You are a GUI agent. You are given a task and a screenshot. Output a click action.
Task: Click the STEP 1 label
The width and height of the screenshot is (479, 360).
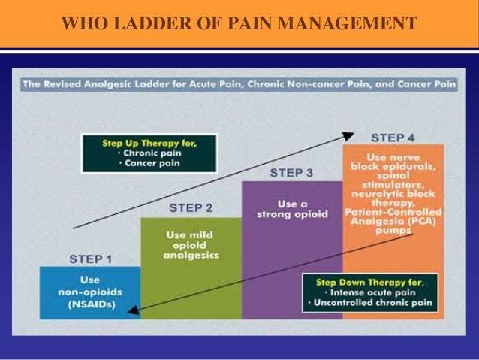[x=90, y=259]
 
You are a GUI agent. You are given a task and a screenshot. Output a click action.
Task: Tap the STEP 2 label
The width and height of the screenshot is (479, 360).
[x=191, y=207]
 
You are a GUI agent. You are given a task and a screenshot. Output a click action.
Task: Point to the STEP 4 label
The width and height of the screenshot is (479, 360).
[x=393, y=138]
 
